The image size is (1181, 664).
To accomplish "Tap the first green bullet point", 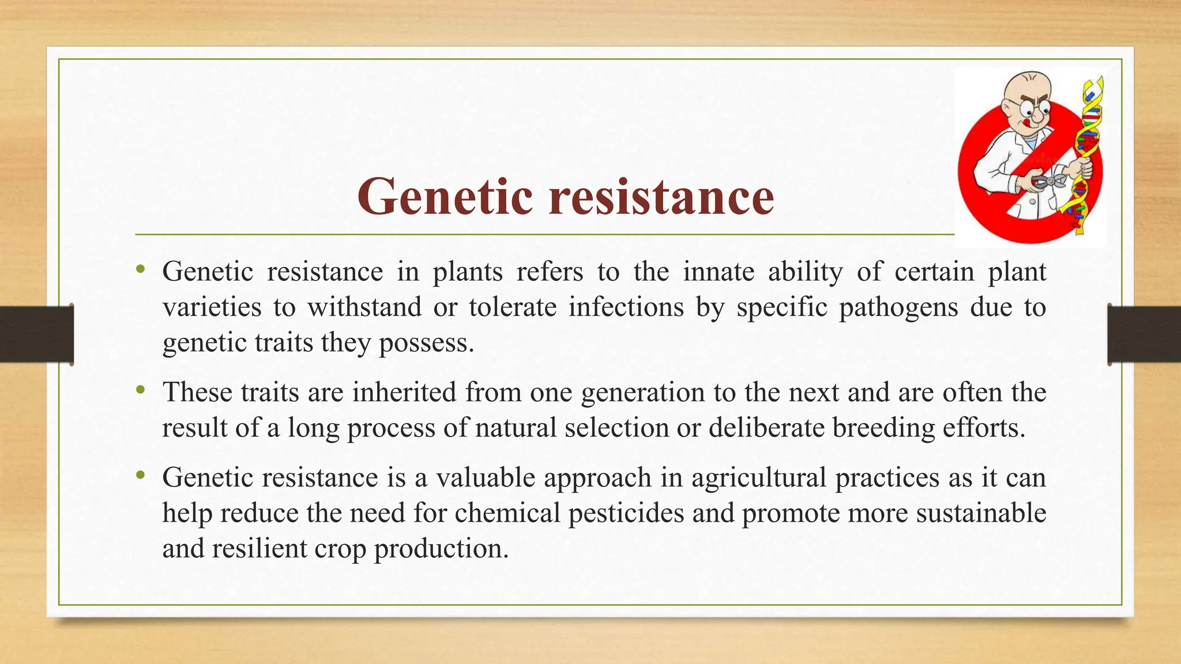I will [140, 269].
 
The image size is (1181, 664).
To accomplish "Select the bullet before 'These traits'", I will [140, 390].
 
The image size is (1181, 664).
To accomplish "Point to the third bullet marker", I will [140, 476].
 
